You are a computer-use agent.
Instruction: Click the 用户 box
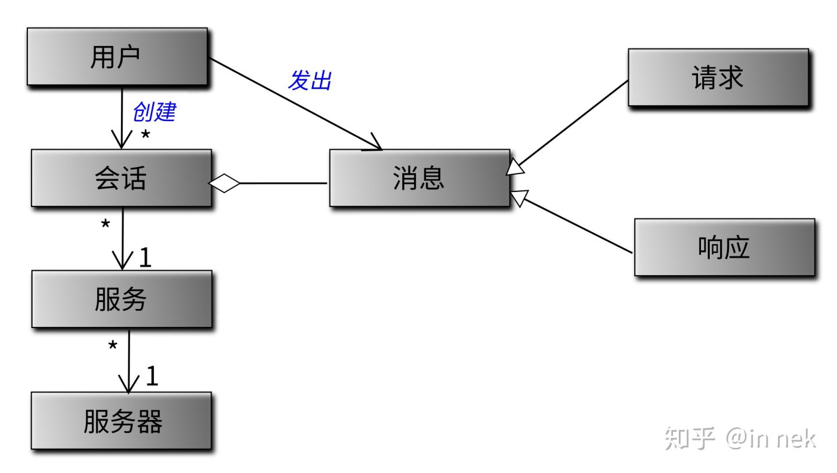117,56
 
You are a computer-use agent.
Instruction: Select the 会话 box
121,178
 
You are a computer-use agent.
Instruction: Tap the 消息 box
419,178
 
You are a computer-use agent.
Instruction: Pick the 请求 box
718,77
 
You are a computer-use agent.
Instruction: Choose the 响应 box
724,247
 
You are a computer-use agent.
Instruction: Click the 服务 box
121,299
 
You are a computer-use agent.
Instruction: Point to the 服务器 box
121,421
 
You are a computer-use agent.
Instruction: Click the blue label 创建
154,111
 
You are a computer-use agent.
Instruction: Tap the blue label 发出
310,80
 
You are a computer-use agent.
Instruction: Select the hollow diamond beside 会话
224,183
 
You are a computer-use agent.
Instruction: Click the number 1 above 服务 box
145,258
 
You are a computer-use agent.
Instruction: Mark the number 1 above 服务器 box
151,377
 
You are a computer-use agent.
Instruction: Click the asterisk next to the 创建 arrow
145,136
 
